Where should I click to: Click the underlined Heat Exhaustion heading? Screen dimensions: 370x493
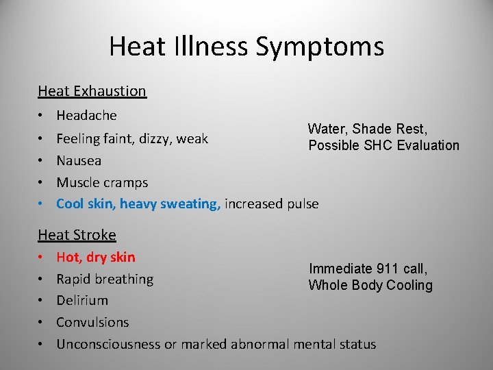(92, 90)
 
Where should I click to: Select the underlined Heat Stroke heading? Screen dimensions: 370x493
(77, 235)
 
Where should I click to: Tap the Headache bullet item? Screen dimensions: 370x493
(86, 116)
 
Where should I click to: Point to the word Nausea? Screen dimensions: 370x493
(79, 161)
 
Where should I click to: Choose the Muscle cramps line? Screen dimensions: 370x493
(102, 183)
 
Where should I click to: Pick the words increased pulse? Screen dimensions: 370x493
(271, 203)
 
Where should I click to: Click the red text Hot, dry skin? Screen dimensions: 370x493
(96, 258)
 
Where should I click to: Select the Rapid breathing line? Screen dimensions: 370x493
(105, 280)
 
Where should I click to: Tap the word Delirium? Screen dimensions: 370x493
(82, 300)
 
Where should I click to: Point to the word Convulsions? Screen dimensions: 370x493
(92, 322)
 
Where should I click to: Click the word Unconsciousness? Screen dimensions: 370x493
(109, 344)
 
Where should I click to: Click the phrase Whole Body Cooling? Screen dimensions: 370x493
(370, 286)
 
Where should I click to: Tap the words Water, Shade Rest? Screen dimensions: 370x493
(368, 129)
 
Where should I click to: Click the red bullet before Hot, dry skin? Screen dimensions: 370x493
(42, 258)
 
